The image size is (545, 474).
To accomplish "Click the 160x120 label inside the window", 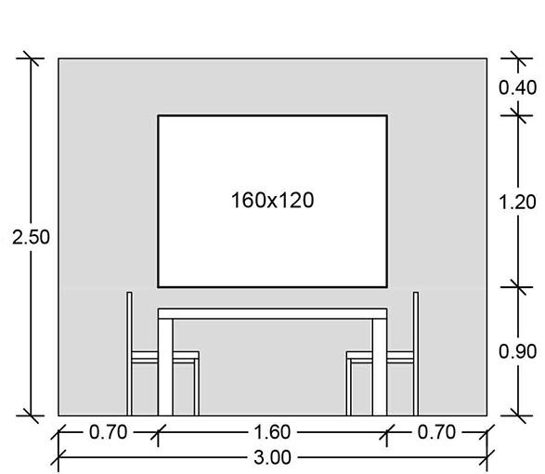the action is coord(273,201).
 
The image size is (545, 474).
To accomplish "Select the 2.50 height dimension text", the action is coord(31,237).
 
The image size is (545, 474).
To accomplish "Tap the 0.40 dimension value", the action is coord(517,87).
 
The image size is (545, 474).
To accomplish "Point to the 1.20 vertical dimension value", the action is coord(517,202).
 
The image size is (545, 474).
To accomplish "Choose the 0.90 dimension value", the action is coord(517,351).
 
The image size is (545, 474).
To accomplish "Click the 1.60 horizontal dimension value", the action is coord(272,432).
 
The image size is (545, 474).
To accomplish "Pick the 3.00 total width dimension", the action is coord(272,457).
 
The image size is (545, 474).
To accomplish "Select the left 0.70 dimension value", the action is coord(108,432).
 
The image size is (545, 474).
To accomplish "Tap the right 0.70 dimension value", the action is coord(436,432).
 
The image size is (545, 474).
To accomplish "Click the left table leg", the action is coord(165,367).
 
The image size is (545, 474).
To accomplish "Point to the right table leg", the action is coord(380,367).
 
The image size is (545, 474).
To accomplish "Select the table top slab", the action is coord(273,313).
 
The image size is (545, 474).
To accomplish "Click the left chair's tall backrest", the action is coord(129,353).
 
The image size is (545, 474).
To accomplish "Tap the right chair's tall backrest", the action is coord(416,353).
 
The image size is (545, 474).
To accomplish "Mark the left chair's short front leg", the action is coord(197,387).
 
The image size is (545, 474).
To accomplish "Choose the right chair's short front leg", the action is coord(348,387).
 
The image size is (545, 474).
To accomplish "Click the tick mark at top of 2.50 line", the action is coord(31,59).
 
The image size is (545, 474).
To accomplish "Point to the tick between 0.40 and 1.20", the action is coord(518,115).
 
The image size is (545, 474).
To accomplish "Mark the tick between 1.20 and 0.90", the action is coord(518,287).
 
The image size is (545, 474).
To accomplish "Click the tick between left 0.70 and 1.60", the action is coord(158,432).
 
